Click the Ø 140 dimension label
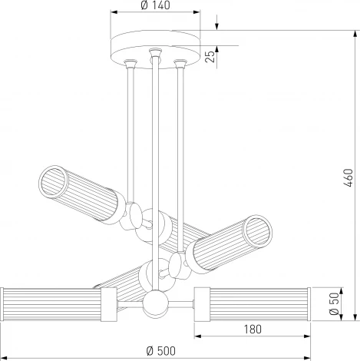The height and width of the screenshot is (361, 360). [x=155, y=5]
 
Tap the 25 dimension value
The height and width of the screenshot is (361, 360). [x=210, y=57]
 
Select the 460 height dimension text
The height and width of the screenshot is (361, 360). [x=348, y=177]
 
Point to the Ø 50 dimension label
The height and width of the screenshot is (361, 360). [x=334, y=304]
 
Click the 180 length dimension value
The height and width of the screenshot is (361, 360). [x=253, y=330]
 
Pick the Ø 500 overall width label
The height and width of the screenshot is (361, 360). [x=161, y=351]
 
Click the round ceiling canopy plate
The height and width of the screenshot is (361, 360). [x=155, y=48]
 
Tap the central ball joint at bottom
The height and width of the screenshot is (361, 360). [x=156, y=302]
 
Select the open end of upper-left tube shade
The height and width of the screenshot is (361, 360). [x=54, y=180]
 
